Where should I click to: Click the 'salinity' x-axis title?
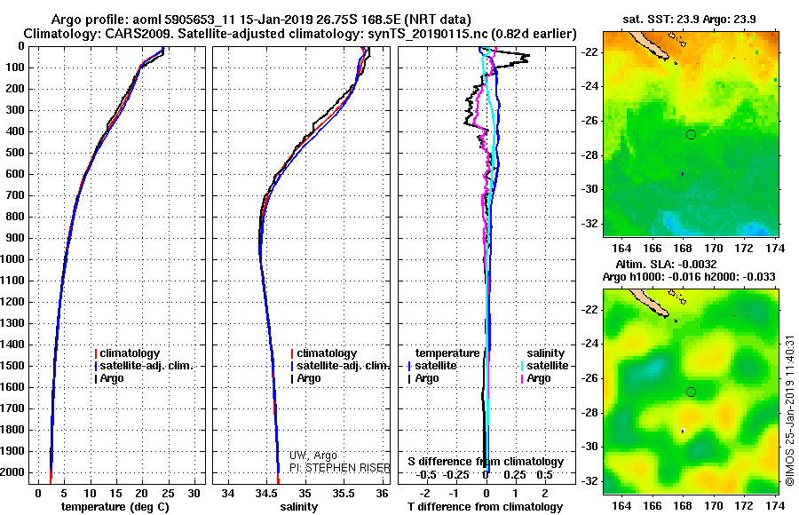point(299,507)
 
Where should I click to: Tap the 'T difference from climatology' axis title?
point(485,507)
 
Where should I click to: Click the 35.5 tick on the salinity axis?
point(344,493)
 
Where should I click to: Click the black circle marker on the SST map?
point(691,134)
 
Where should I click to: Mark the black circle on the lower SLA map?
point(691,392)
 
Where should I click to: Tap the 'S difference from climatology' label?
point(485,462)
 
